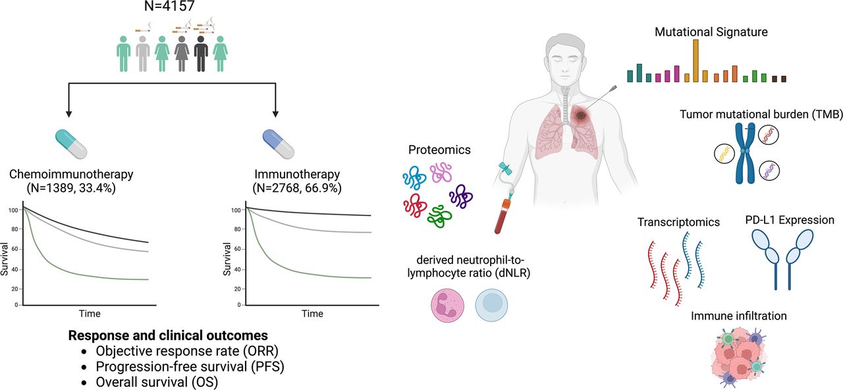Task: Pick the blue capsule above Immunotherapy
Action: pyautogui.click(x=277, y=144)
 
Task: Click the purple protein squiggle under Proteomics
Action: pyautogui.click(x=461, y=196)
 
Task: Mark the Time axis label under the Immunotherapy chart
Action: pyautogui.click(x=312, y=314)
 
